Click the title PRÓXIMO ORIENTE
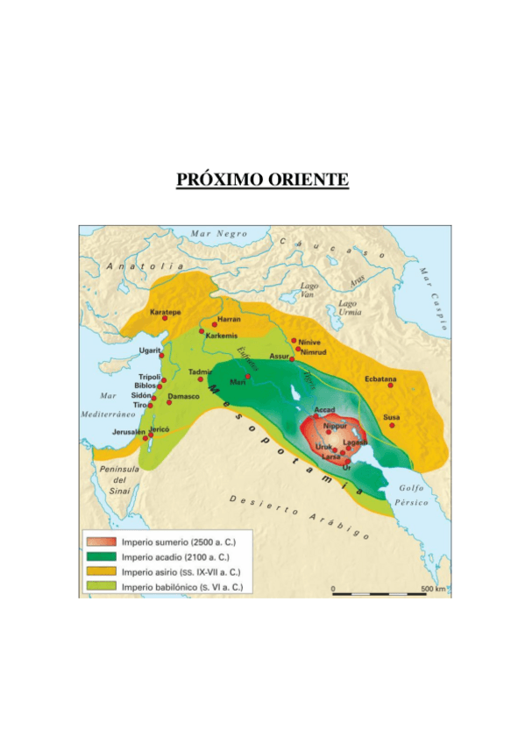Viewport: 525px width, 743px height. pyautogui.click(x=262, y=180)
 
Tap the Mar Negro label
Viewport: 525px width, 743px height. pyautogui.click(x=219, y=234)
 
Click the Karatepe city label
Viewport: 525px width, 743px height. pyautogui.click(x=166, y=312)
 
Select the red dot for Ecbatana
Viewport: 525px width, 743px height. pyautogui.click(x=391, y=386)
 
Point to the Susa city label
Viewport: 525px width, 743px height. pyautogui.click(x=392, y=417)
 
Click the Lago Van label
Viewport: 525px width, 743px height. pyautogui.click(x=309, y=290)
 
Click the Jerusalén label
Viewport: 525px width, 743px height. pyautogui.click(x=129, y=432)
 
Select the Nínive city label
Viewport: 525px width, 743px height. pyautogui.click(x=309, y=341)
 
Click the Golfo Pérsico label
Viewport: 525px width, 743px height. pyautogui.click(x=412, y=495)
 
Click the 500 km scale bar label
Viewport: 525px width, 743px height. pyautogui.click(x=432, y=587)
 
